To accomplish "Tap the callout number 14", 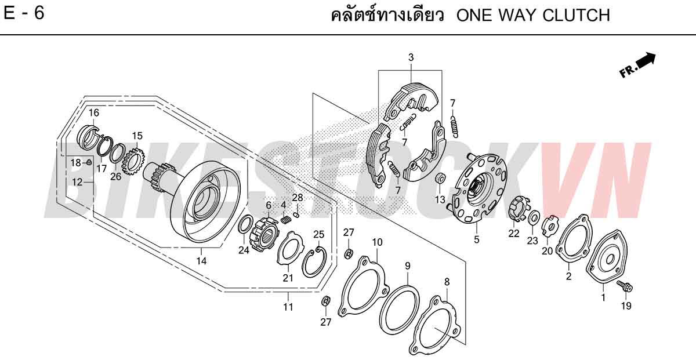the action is [201, 261].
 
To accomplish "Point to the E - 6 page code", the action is [24, 13].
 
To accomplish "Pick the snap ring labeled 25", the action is [314, 261].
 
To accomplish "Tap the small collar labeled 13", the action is [440, 179].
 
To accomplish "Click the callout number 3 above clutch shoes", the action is [411, 57].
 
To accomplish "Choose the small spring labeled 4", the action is [286, 220].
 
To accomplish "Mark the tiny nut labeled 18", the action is [89, 162].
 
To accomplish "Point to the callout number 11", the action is [288, 307].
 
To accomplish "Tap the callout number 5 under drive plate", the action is [477, 239].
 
